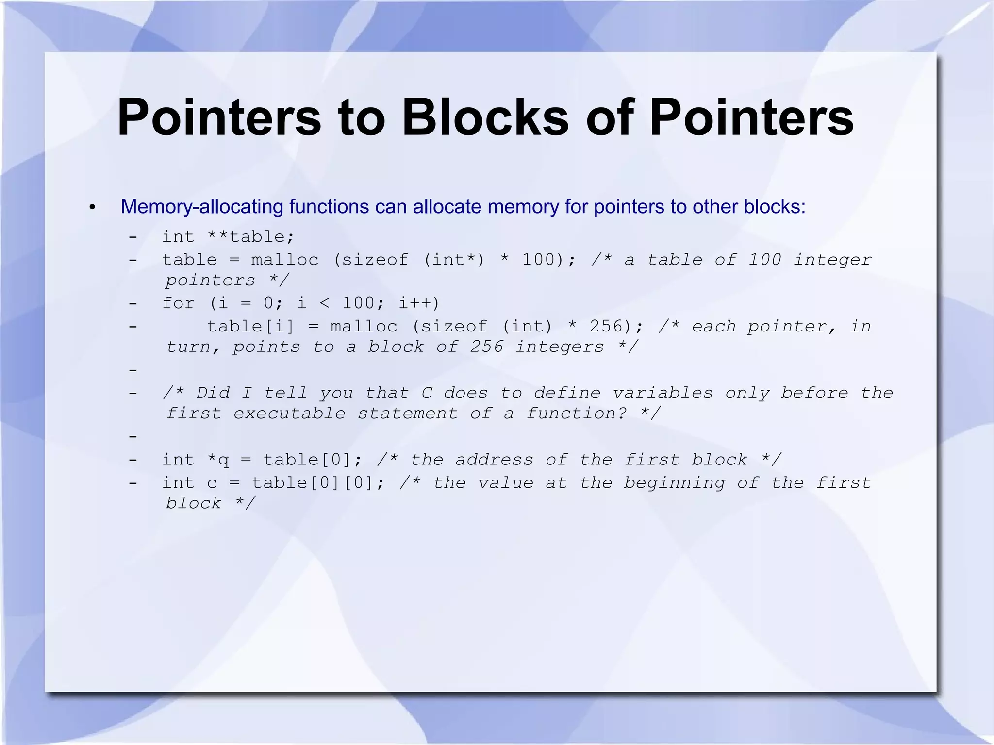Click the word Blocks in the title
click(x=485, y=118)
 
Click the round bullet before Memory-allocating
click(x=93, y=208)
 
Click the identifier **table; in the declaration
click(x=251, y=237)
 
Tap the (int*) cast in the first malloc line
click(x=454, y=260)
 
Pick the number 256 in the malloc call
click(x=606, y=326)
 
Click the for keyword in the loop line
click(x=178, y=303)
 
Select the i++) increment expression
click(x=419, y=303)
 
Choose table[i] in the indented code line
click(x=250, y=326)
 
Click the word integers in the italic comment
click(x=560, y=347)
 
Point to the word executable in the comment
click(x=289, y=414)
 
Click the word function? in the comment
click(x=576, y=414)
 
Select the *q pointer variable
click(x=218, y=460)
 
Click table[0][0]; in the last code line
click(x=318, y=483)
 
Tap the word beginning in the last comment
click(x=674, y=483)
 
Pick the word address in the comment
click(x=494, y=460)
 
